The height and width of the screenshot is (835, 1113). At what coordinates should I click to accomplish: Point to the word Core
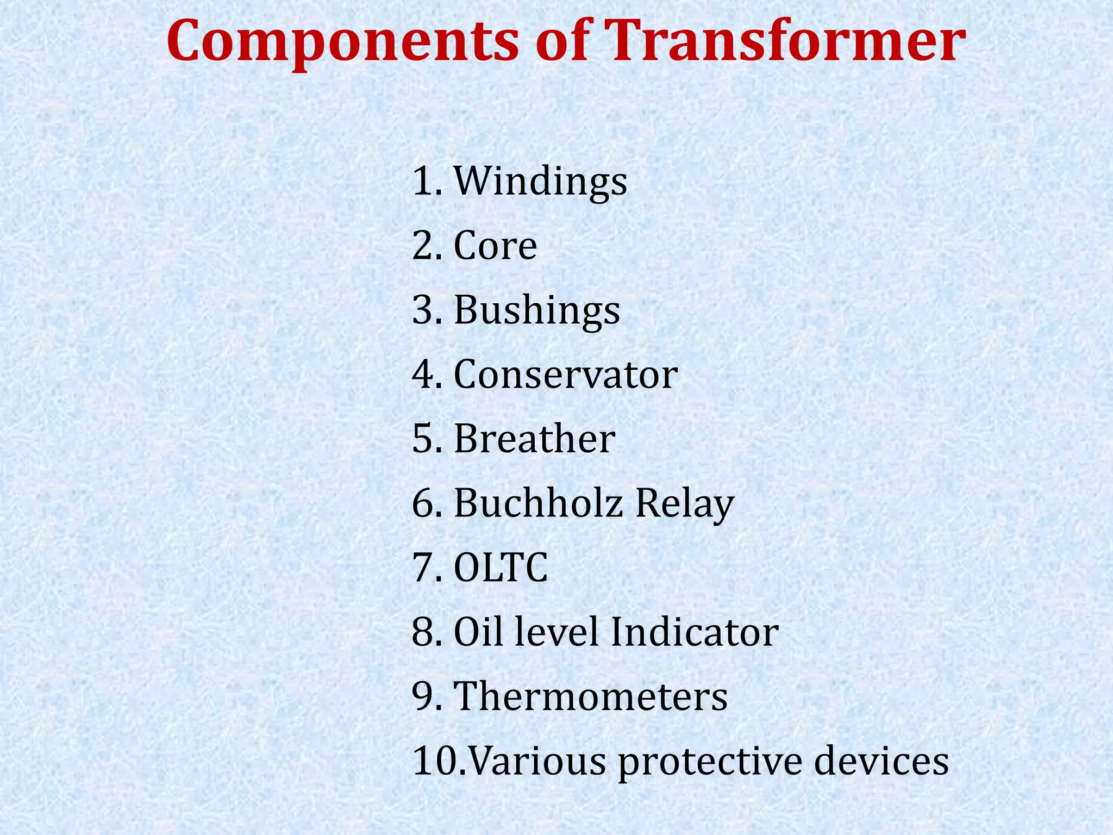(495, 246)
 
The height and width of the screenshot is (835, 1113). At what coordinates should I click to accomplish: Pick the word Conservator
(566, 375)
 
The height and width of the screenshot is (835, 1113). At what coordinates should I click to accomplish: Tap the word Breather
(534, 439)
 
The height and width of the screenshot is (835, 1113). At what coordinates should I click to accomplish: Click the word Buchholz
(538, 503)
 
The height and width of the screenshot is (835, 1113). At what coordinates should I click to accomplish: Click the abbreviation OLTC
(501, 568)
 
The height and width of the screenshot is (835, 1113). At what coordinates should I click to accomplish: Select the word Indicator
(695, 632)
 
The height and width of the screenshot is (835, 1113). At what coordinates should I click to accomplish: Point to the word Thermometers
(590, 696)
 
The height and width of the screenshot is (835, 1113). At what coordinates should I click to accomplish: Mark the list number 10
(435, 761)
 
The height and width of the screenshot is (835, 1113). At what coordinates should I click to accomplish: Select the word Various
(536, 761)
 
